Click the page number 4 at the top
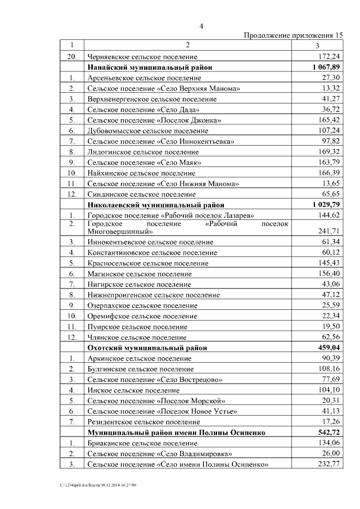201,25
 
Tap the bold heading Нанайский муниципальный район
150,67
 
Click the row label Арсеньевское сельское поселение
144,78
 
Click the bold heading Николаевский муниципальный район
155,205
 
